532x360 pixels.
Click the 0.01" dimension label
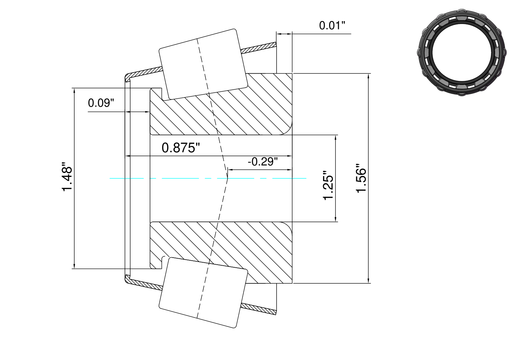click(x=332, y=25)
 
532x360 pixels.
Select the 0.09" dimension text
click(x=101, y=103)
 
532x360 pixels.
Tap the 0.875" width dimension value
click(x=181, y=148)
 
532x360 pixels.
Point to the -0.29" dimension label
click(x=263, y=162)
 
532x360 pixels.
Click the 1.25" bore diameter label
click(x=328, y=185)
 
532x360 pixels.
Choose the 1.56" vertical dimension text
click(x=361, y=178)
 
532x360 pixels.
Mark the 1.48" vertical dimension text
click(x=67, y=177)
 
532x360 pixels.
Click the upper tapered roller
click(x=203, y=64)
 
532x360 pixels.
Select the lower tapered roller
click(x=203, y=293)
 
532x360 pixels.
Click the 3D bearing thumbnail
click(x=462, y=53)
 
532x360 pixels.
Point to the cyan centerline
click(x=208, y=178)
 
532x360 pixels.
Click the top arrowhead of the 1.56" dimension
click(x=368, y=76)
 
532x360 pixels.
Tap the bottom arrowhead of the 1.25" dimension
click(x=335, y=219)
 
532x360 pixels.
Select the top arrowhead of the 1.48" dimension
click(x=74, y=91)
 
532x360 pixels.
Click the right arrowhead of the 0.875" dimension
click(x=290, y=156)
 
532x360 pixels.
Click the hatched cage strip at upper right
click(x=259, y=48)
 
